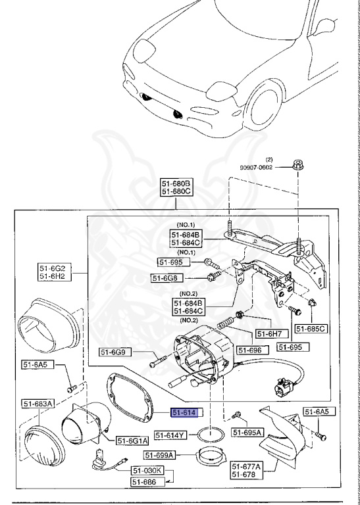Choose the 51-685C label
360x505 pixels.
311,328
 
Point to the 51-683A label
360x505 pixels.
38,404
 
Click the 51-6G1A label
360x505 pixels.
133,440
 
